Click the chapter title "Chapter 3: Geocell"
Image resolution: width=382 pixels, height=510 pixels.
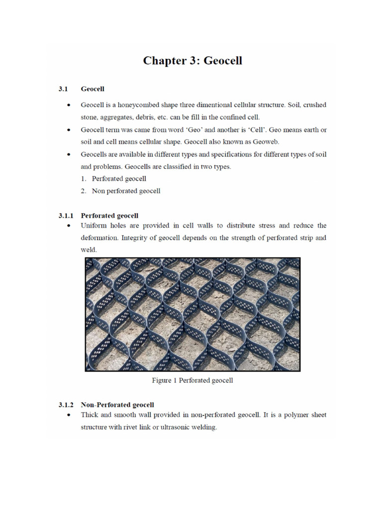pyautogui.click(x=192, y=61)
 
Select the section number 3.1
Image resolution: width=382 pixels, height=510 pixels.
pyautogui.click(x=62, y=89)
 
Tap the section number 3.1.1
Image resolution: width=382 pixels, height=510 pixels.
pyautogui.click(x=65, y=216)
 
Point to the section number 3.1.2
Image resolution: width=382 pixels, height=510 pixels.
pyautogui.click(x=65, y=404)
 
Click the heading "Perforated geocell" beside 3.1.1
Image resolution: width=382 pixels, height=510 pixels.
pyautogui.click(x=109, y=216)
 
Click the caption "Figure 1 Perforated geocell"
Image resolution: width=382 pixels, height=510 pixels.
pyautogui.click(x=192, y=381)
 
